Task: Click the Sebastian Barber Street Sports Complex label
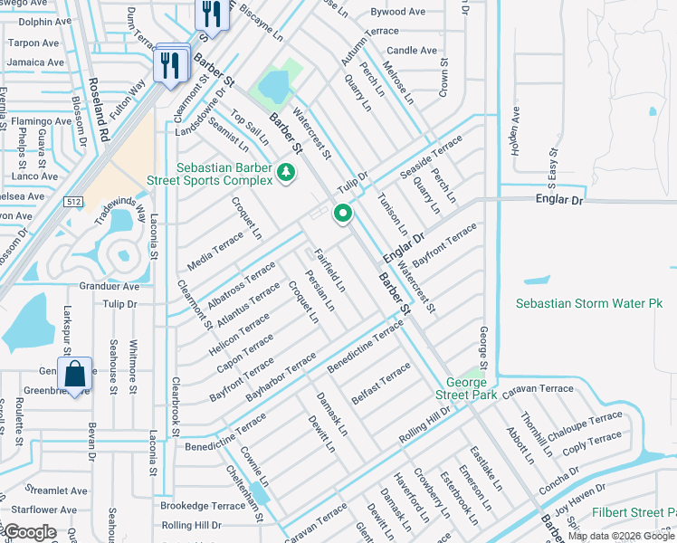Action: tap(224, 175)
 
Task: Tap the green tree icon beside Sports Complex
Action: tap(286, 171)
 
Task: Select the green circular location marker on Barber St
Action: tap(343, 214)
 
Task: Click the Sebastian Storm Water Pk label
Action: tap(589, 304)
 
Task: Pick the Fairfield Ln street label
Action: tap(329, 269)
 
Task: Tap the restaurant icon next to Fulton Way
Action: tap(169, 65)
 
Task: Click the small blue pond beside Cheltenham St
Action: tap(260, 494)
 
